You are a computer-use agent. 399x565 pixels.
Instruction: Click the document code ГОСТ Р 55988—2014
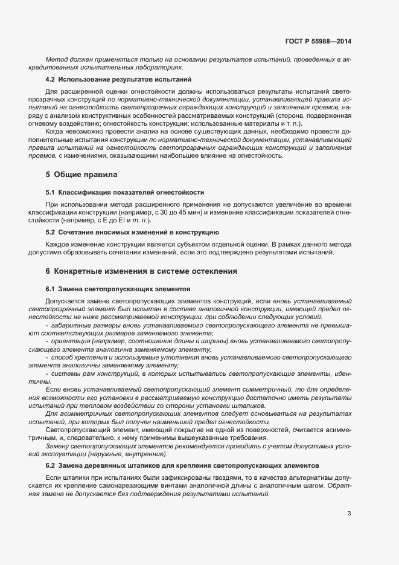[x=318, y=41]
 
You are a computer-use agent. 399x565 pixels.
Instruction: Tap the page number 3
[x=349, y=514]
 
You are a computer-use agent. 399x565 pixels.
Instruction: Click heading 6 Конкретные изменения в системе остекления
[x=141, y=271]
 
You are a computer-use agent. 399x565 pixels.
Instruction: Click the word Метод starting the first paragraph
[x=56, y=59]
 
